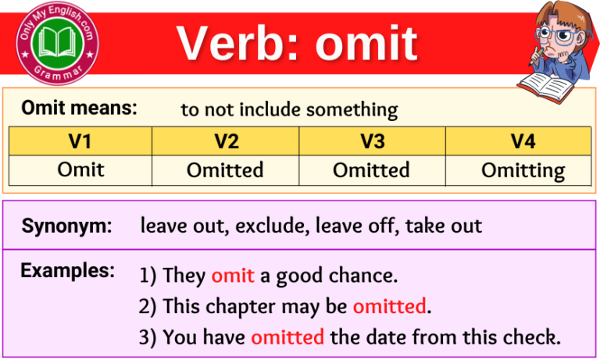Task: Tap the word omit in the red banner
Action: click(x=366, y=43)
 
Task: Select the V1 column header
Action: click(x=80, y=141)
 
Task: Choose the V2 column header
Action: click(x=225, y=141)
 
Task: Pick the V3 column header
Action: click(x=371, y=141)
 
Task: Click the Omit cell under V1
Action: click(x=80, y=169)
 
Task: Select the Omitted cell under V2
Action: click(x=225, y=169)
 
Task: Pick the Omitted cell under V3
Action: click(x=371, y=169)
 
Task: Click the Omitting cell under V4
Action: click(x=523, y=170)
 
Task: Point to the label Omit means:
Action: click(x=79, y=109)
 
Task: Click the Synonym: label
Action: click(x=66, y=226)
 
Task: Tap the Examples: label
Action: click(x=67, y=271)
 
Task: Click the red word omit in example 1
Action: click(x=232, y=275)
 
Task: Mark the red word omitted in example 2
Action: click(x=390, y=306)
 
